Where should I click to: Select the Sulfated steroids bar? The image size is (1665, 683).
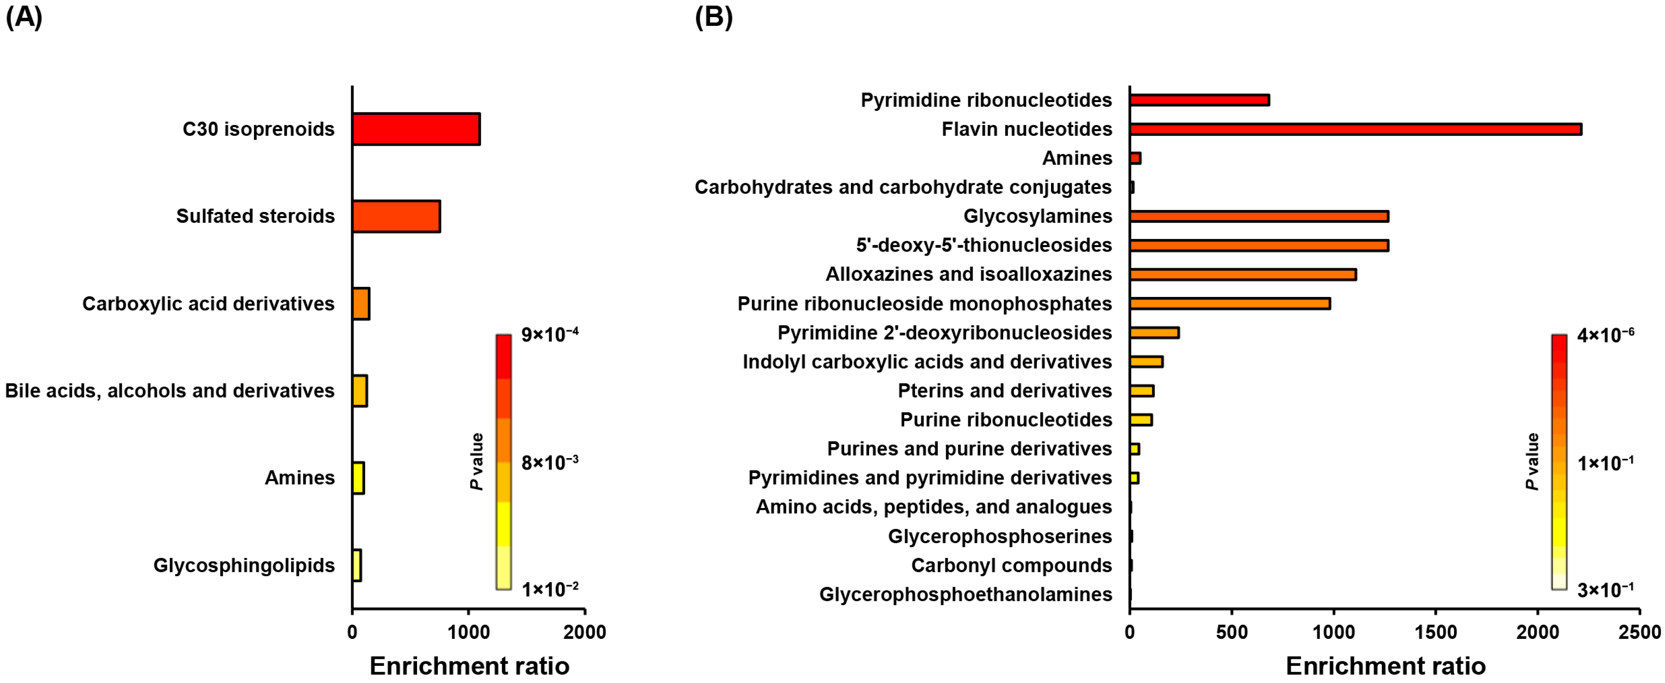coord(396,216)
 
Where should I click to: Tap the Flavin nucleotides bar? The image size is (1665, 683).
coord(1355,130)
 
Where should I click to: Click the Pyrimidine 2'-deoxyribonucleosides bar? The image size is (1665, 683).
coord(1154,332)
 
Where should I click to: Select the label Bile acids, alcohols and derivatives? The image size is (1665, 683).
coord(169,391)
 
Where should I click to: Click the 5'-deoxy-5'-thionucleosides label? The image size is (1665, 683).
coord(984,245)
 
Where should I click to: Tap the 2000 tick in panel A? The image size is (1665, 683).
coord(584,632)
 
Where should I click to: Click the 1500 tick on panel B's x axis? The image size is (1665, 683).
coord(1436,632)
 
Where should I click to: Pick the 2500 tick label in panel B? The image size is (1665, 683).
coord(1639,632)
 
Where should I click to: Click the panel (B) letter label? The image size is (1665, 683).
coord(713,17)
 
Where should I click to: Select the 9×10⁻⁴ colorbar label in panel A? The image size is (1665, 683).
coord(549,334)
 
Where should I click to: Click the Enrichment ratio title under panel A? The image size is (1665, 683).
coord(469,666)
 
